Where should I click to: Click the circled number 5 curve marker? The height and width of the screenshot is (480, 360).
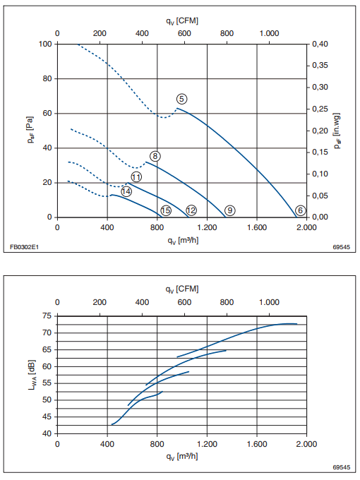pos(181,99)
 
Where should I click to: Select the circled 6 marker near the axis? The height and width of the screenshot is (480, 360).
pos(300,210)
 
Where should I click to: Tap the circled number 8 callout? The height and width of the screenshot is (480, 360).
pos(155,156)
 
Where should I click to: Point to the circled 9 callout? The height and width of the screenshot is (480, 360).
pos(230,210)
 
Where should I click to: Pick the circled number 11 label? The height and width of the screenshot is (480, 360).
pos(136,177)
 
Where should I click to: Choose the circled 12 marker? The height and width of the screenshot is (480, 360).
pos(191,210)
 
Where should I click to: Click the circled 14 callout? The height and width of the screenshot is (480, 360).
pos(126,191)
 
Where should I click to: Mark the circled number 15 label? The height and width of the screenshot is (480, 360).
pos(166,210)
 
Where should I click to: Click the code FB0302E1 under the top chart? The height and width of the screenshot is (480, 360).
pos(24,246)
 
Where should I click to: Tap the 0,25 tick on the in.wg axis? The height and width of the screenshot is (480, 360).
pos(320,109)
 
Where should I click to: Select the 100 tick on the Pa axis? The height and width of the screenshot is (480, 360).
pos(45,44)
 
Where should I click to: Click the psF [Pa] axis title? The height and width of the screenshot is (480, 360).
pos(30,130)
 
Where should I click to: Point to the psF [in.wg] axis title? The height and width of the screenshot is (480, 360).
pos(337,131)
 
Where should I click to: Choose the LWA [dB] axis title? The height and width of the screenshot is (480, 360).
pos(32,375)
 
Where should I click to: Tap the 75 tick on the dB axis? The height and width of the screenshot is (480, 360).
pos(47,316)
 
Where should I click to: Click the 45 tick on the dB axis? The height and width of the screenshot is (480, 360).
pos(47,416)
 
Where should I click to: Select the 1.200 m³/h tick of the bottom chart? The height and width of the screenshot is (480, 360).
pos(208,444)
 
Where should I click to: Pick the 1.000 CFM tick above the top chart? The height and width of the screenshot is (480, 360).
pos(270,33)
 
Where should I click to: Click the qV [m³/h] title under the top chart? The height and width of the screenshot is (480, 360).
pos(183,240)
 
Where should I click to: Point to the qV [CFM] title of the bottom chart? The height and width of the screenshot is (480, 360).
pos(182,289)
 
